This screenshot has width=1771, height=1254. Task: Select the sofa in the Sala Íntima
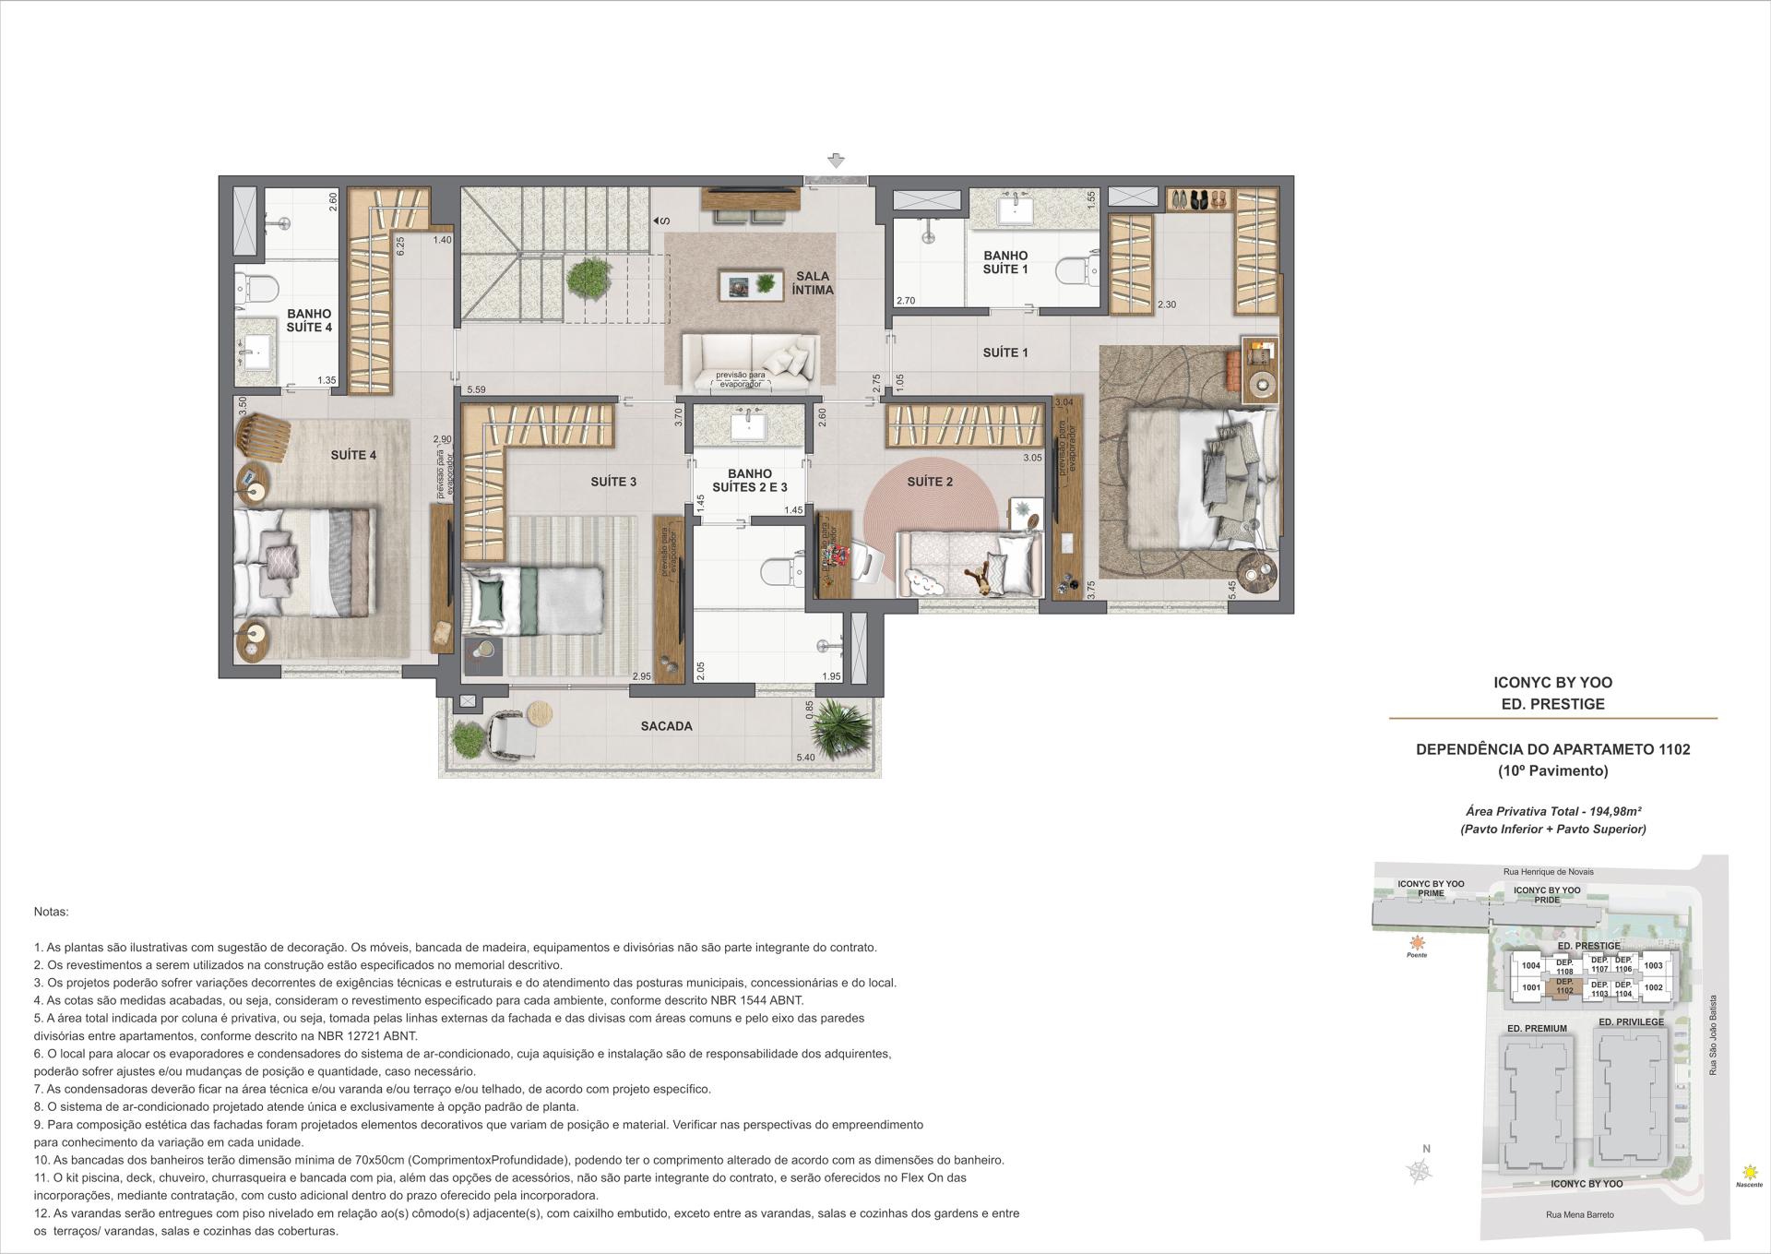[750, 361]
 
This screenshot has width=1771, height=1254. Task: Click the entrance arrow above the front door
[836, 161]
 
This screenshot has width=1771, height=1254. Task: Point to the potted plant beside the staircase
[588, 277]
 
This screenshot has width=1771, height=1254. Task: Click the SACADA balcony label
[666, 726]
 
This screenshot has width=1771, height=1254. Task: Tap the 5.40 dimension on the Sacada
[805, 758]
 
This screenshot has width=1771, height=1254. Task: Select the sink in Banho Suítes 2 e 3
[749, 428]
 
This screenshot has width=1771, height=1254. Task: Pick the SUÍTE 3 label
[613, 482]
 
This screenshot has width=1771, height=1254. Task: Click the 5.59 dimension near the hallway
[476, 390]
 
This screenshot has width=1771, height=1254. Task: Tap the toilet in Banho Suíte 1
[1073, 272]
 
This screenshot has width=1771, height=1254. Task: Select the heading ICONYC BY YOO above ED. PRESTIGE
[1552, 683]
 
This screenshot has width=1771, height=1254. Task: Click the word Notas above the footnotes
[51, 912]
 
